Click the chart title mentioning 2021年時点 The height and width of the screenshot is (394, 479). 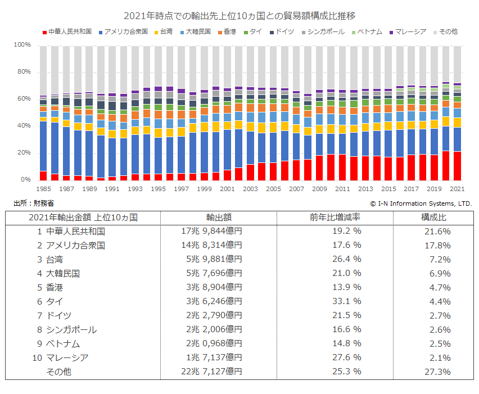[x=239, y=15]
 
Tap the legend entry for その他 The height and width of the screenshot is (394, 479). [x=449, y=31]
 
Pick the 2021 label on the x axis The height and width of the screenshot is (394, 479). [x=457, y=189]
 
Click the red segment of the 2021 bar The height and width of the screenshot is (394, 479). [x=457, y=166]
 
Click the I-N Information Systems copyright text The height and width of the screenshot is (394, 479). [x=421, y=203]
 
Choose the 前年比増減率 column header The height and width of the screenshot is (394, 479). [x=335, y=217]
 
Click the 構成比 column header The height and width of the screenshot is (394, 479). [x=433, y=217]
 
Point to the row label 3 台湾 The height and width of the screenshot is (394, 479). [x=50, y=259]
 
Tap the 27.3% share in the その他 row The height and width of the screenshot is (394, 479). [x=439, y=372]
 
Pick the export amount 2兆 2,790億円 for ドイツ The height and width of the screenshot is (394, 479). [x=214, y=315]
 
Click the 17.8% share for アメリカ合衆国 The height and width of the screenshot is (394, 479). [x=439, y=245]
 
